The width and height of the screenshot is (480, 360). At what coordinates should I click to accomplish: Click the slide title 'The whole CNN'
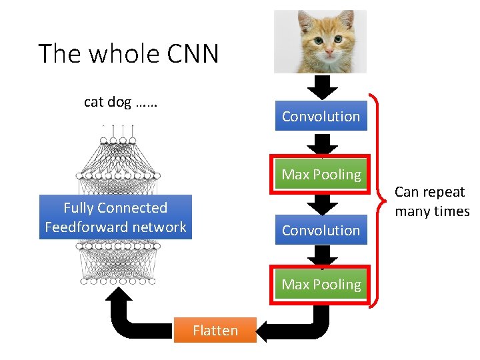coord(129,53)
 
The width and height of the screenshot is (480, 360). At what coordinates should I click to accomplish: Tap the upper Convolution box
coord(321,116)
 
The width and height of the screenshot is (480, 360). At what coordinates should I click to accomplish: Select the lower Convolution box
coord(321,230)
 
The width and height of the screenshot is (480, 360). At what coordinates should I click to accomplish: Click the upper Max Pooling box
coord(321,175)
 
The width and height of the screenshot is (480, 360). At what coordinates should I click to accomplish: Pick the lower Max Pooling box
coord(321,285)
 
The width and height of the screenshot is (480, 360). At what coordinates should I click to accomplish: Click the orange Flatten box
coord(215,330)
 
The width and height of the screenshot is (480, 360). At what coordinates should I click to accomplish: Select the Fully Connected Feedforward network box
coord(115,217)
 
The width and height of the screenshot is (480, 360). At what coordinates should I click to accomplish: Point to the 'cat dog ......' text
coord(120,102)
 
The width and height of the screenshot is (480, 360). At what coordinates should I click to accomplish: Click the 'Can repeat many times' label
coord(431,201)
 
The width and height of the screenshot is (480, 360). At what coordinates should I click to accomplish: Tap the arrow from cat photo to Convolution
coord(323,87)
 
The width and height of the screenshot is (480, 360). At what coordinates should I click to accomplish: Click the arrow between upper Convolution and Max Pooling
coord(323,144)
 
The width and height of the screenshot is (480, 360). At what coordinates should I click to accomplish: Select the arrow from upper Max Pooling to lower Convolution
coord(323,204)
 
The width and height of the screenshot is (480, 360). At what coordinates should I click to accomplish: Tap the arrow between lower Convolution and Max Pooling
coord(323,255)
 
